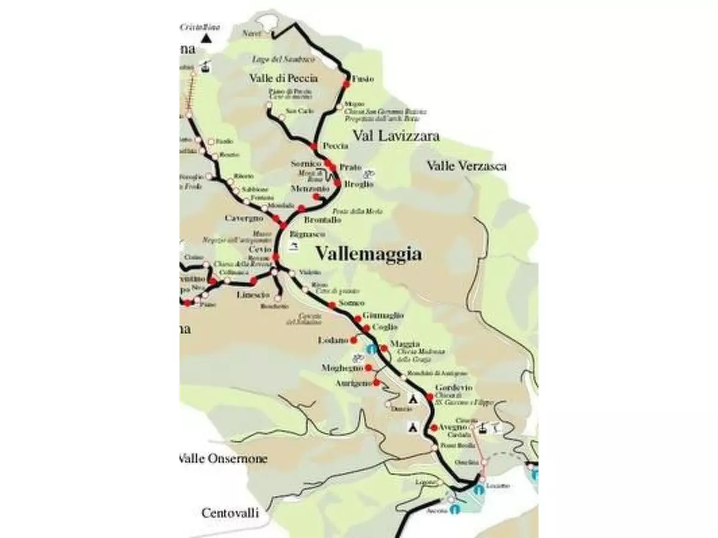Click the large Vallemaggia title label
coord(368,253)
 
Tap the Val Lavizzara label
coord(395,136)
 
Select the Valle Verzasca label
coord(467,166)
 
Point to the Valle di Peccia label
coord(284,78)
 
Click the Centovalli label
coord(230,513)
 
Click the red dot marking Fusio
coord(346,84)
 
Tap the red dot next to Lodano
coord(354,340)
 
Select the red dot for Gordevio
coord(429,398)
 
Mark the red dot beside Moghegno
coord(369,368)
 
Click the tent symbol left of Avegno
coord(412,427)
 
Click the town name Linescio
coord(254,295)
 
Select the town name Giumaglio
coord(383,315)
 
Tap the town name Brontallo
coord(323,220)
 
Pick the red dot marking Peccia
coord(313,146)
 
